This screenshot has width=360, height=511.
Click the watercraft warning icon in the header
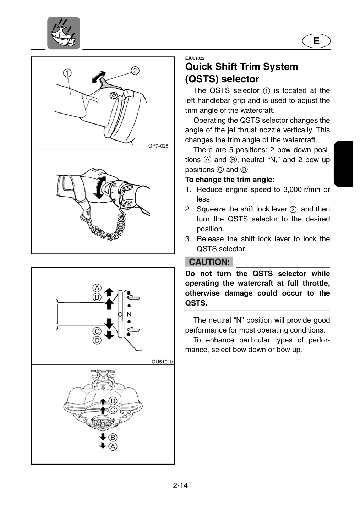pos(64,33)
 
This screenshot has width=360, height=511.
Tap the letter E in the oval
pos(316,41)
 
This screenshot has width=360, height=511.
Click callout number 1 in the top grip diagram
pos(67,73)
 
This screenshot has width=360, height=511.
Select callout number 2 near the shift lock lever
pos(135,71)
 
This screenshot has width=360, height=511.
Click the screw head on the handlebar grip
pos(113,95)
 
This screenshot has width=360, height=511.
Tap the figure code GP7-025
pos(158,146)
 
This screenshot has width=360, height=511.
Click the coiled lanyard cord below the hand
pos(107,228)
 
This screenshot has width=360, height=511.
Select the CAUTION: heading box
pos(209,262)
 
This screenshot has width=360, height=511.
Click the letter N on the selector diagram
pos(129,314)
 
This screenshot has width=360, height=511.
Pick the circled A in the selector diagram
pos(97,288)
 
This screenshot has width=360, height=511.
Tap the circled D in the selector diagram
pos(97,340)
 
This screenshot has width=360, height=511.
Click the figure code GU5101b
pos(162,362)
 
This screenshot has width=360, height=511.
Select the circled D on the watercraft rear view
pos(113,401)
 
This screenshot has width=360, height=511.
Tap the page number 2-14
pos(180,485)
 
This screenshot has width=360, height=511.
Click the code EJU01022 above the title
pos(195,58)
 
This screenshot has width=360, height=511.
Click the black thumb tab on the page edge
pos(343,164)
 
